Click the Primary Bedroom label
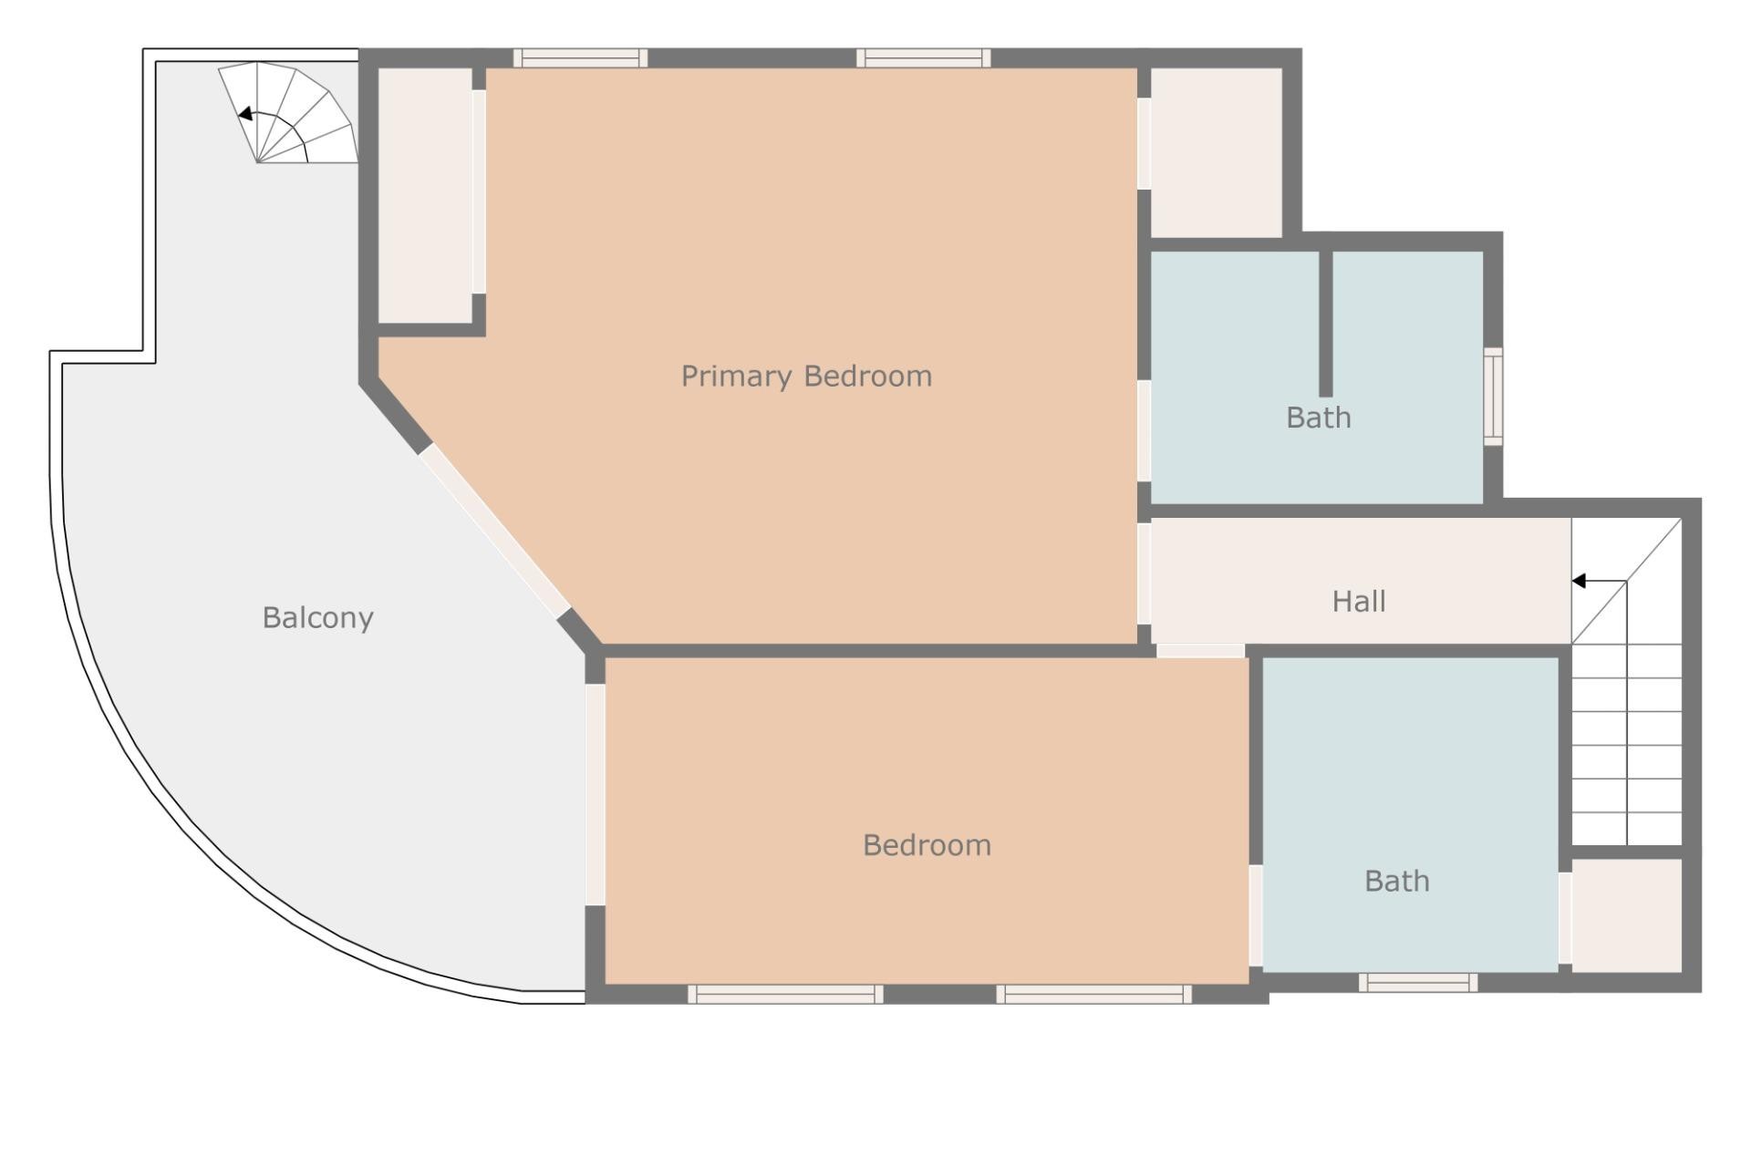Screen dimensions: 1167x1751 806,377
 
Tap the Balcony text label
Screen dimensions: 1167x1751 317,618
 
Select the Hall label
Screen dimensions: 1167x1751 1359,602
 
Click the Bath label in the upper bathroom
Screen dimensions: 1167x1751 1318,418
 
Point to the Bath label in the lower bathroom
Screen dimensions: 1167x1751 1396,882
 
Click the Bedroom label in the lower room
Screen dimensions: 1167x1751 927,845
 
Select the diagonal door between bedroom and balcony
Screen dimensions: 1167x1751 494,530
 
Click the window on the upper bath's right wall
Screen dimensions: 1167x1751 1492,397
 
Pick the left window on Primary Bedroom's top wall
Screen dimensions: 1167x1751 580,58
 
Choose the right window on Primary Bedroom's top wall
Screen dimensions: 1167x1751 923,58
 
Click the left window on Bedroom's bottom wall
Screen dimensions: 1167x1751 784,994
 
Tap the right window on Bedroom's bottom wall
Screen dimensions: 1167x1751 1093,994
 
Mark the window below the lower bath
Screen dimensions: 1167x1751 1417,982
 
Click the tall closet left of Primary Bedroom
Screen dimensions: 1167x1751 424,195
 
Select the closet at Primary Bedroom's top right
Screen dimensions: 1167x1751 1217,152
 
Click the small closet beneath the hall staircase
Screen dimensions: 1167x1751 1626,914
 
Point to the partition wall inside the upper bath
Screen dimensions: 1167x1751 1325,324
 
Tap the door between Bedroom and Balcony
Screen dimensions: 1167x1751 595,794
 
